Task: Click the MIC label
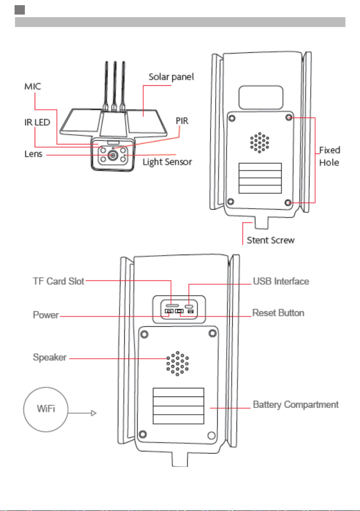click(x=33, y=87)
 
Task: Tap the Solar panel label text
click(x=171, y=77)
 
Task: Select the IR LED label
click(x=37, y=123)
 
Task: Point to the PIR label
click(x=182, y=121)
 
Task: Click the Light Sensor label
click(x=167, y=162)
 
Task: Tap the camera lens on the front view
click(x=113, y=156)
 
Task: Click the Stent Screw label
click(x=270, y=240)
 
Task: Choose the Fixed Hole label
click(x=330, y=156)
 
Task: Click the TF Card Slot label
click(x=59, y=281)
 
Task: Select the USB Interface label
click(x=281, y=281)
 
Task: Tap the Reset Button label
click(x=278, y=313)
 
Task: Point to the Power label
click(x=46, y=315)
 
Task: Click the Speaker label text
click(x=50, y=358)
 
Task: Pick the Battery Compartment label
click(x=295, y=405)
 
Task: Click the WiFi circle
click(x=46, y=409)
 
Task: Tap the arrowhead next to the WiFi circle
click(x=94, y=413)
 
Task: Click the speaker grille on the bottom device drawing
click(x=177, y=364)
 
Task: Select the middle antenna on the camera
click(x=115, y=85)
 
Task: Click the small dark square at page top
click(x=20, y=10)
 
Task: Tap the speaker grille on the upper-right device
click(x=260, y=142)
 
